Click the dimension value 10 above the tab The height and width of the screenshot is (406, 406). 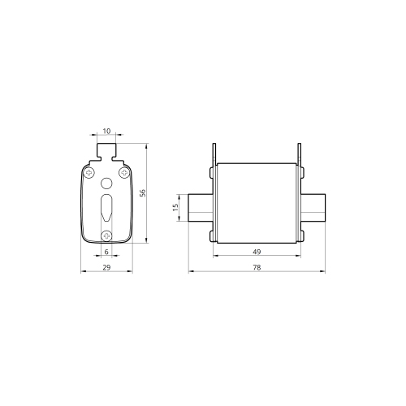pyautogui.click(x=106, y=131)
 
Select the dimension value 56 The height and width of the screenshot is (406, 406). pyautogui.click(x=143, y=193)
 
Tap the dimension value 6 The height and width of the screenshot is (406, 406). pyautogui.click(x=106, y=252)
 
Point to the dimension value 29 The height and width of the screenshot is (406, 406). pyautogui.click(x=106, y=267)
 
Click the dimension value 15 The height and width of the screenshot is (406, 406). pyautogui.click(x=175, y=207)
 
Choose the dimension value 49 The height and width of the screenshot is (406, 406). pyautogui.click(x=257, y=252)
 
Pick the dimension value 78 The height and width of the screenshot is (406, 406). pyautogui.click(x=257, y=267)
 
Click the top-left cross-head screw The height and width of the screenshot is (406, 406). pyautogui.click(x=89, y=172)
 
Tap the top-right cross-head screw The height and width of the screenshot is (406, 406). pyautogui.click(x=124, y=172)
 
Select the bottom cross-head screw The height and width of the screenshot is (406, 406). pyautogui.click(x=106, y=235)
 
